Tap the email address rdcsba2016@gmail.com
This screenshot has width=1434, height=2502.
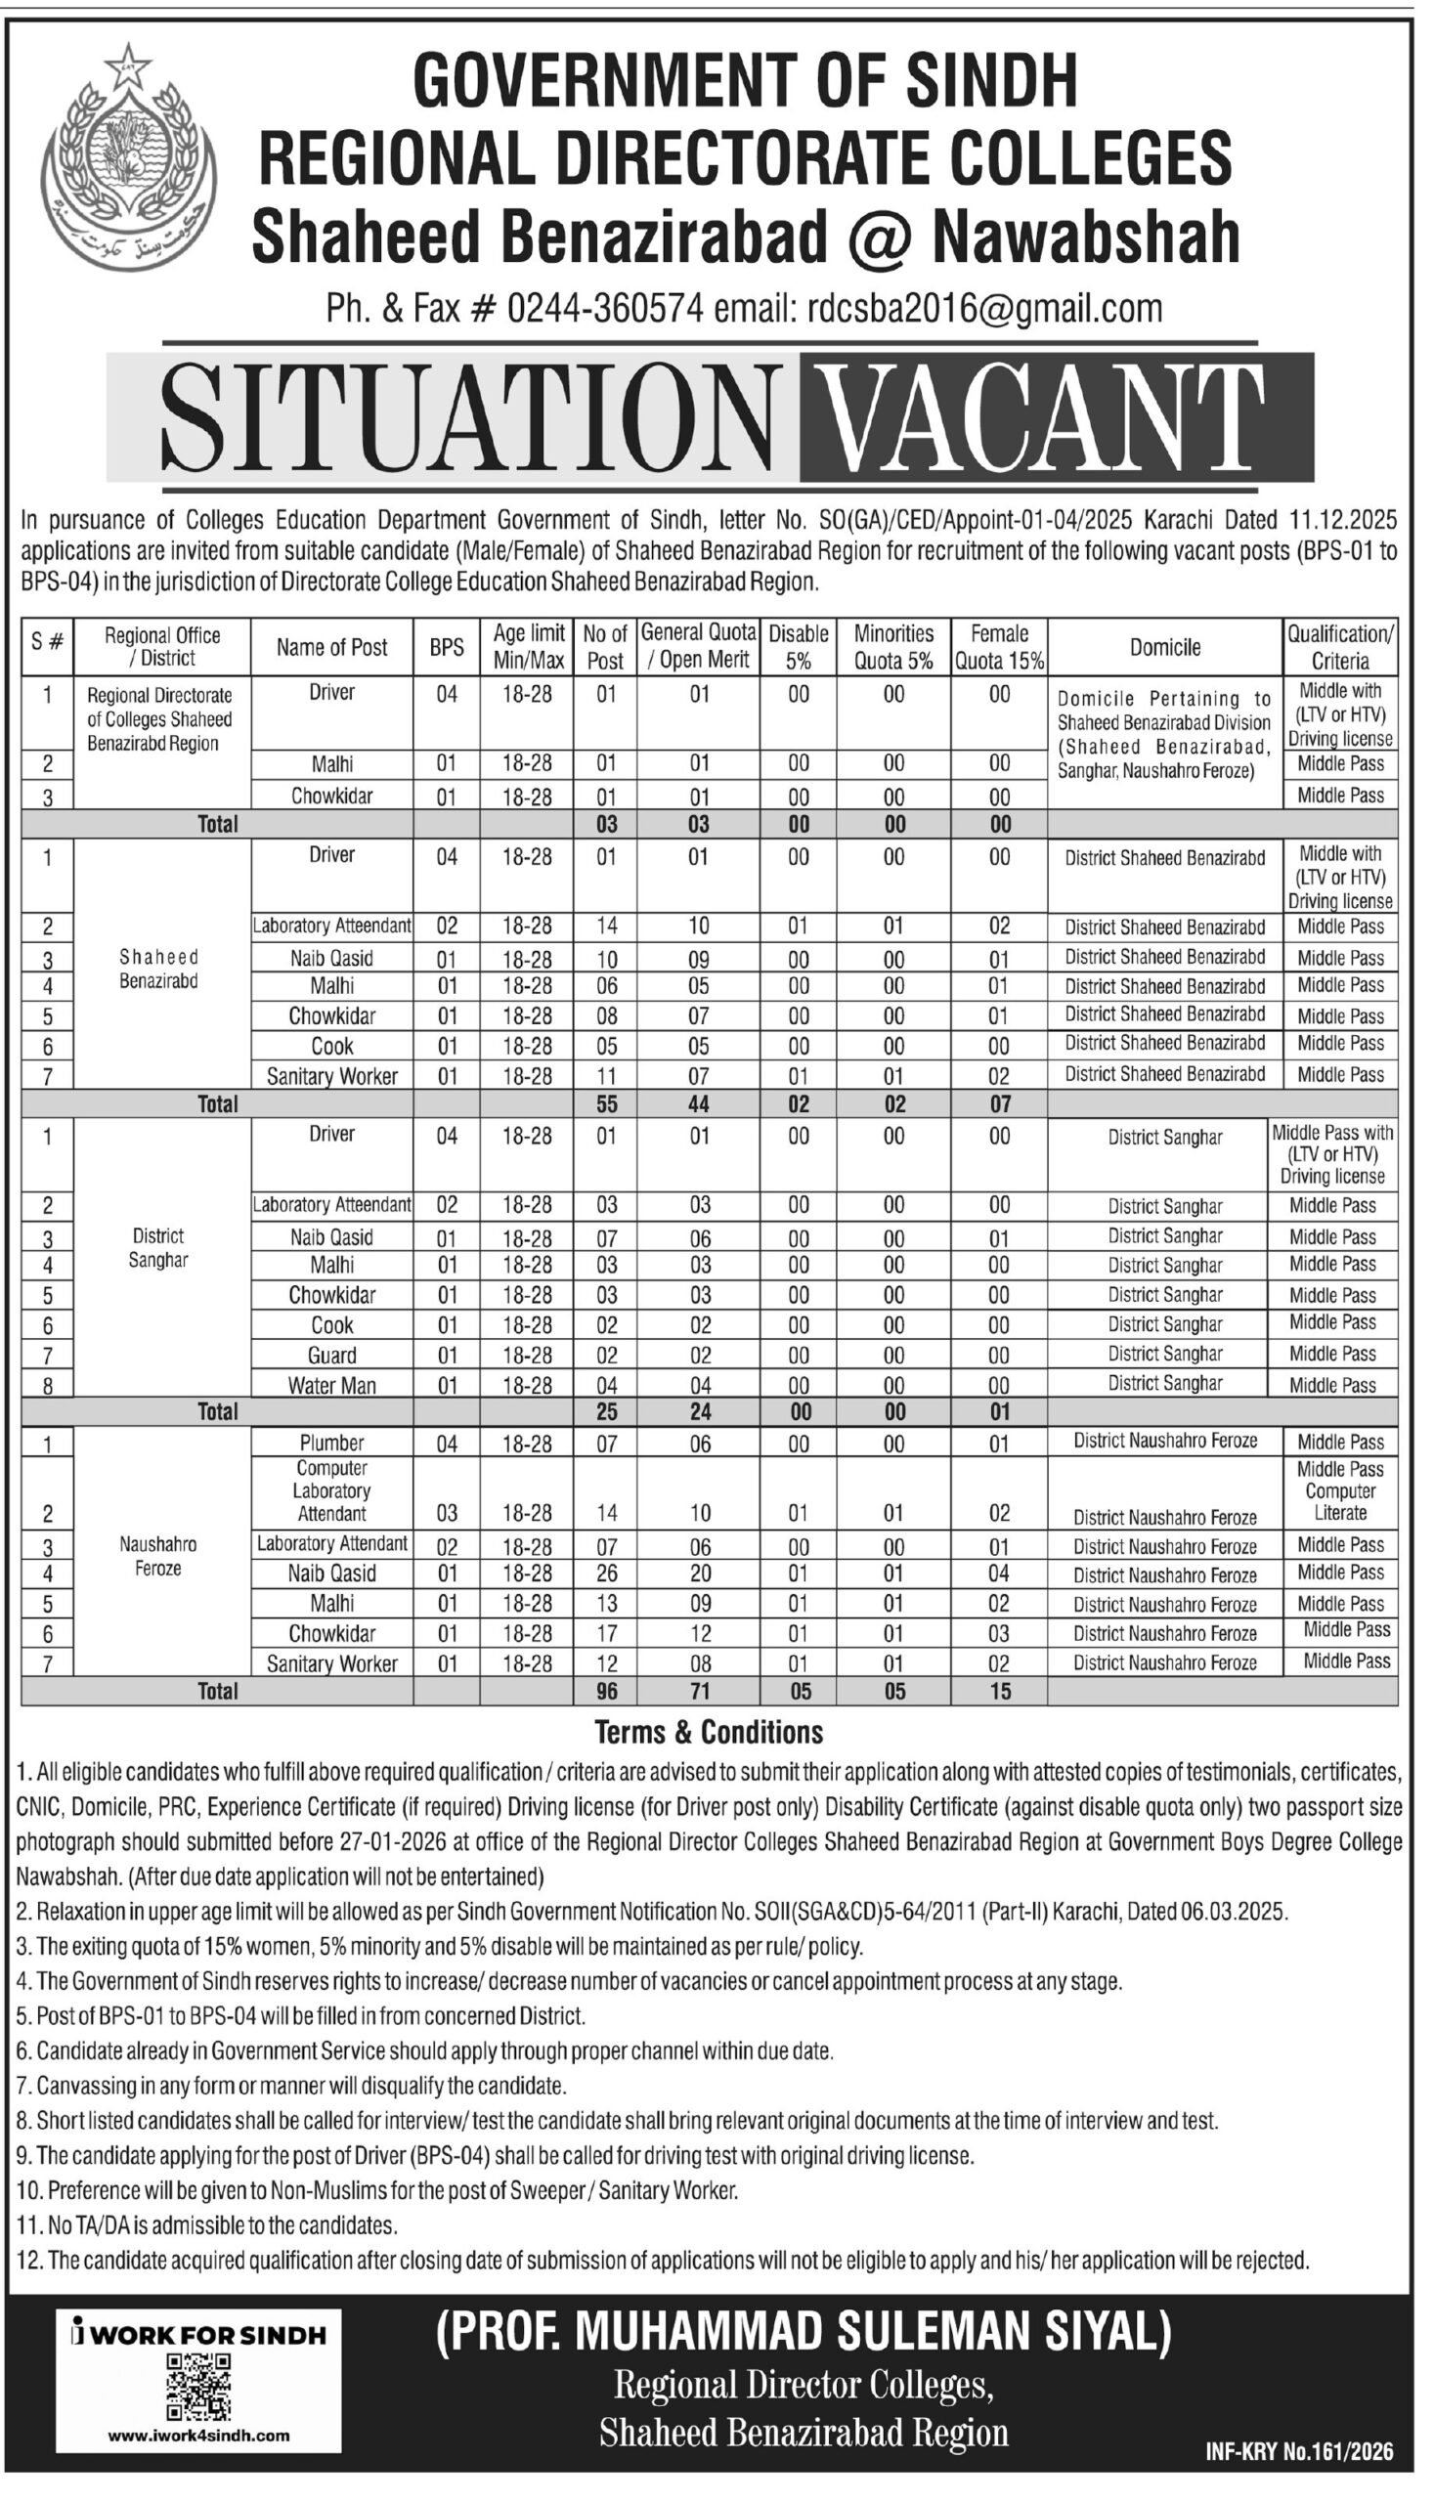984,309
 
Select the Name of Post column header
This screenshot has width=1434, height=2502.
332,648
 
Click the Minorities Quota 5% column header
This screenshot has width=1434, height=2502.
893,648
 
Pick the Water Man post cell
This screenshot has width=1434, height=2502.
332,1386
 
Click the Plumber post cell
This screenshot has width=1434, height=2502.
332,1443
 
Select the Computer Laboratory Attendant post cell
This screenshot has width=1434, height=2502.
332,1490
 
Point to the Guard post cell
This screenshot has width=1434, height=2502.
332,1355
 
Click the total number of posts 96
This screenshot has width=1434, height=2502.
607,1692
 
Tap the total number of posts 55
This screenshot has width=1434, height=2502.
607,1103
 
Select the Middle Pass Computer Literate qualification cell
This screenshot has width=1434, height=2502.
1339,1490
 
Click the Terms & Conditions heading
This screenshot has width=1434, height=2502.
709,1732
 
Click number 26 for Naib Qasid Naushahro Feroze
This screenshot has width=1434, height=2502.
607,1575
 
